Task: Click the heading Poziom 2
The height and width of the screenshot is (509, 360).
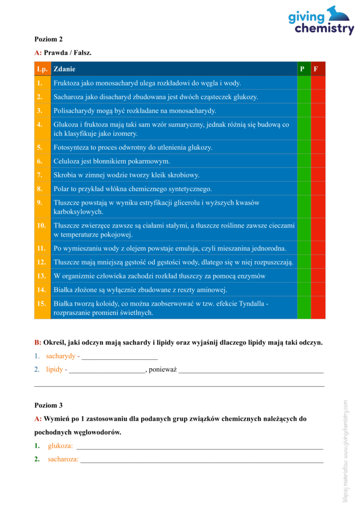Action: click(x=48, y=39)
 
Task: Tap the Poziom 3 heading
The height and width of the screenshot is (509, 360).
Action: click(x=48, y=405)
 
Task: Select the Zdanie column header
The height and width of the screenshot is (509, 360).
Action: click(x=65, y=69)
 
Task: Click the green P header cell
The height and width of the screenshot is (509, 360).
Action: click(x=303, y=69)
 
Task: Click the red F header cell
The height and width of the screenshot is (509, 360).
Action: click(x=318, y=69)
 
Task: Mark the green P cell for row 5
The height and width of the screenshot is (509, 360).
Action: click(x=303, y=147)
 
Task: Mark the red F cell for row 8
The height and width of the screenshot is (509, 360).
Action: click(x=318, y=189)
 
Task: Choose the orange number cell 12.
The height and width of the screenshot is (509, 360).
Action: click(x=42, y=262)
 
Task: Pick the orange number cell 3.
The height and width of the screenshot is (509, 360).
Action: click(x=42, y=110)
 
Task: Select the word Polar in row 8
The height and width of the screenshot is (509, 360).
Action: click(x=62, y=189)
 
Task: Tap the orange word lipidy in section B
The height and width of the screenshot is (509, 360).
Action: click(x=55, y=369)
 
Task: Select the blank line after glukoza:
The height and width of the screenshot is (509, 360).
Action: click(x=199, y=447)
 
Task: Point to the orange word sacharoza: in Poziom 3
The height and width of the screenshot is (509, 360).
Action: click(x=63, y=459)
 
